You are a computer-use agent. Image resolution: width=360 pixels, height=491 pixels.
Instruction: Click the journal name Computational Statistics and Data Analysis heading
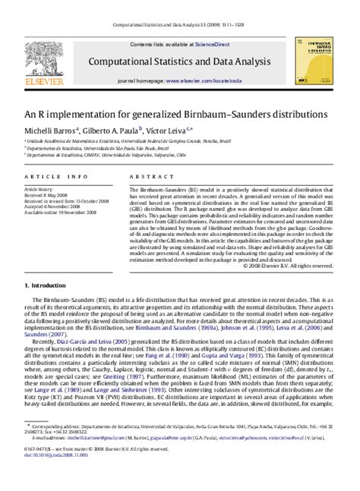(180, 59)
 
